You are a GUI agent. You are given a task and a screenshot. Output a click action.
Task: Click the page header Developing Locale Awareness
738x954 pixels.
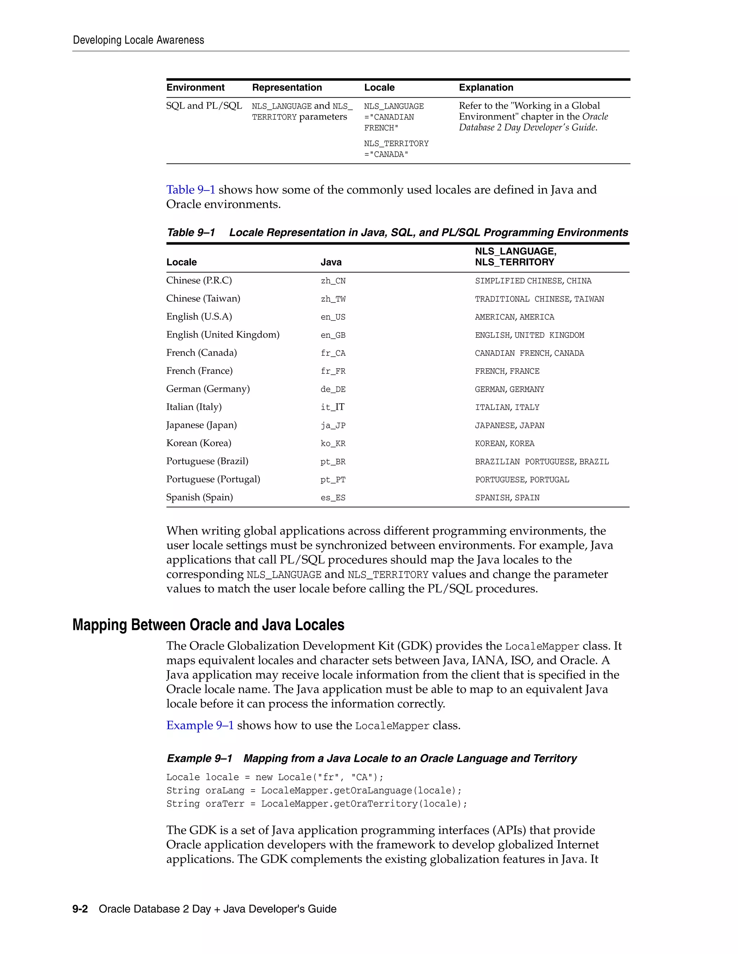[138, 40]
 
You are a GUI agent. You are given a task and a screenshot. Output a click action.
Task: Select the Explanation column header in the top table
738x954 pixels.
[486, 87]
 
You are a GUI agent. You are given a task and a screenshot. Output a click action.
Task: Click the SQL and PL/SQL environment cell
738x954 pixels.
[204, 106]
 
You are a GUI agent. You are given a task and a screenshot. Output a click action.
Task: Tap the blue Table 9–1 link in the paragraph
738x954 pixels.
[191, 190]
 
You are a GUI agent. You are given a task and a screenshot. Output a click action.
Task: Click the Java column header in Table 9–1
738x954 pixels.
[331, 262]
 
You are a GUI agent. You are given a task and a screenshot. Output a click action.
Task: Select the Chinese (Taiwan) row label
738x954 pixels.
[203, 298]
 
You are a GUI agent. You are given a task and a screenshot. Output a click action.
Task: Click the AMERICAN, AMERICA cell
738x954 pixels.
[514, 317]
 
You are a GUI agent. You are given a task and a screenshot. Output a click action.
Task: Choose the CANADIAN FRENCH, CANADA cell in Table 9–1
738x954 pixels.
[529, 353]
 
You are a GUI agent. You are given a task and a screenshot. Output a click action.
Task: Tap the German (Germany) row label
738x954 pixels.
[208, 389]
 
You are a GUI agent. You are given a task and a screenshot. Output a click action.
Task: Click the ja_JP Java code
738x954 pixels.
[333, 426]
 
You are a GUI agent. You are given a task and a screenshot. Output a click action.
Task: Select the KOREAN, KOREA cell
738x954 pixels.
[504, 444]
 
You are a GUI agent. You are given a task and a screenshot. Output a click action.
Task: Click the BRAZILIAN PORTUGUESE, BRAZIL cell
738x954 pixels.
[542, 462]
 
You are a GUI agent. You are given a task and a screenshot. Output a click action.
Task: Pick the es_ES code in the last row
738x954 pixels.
[333, 498]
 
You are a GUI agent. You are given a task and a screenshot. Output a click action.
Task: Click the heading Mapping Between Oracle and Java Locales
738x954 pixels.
[208, 625]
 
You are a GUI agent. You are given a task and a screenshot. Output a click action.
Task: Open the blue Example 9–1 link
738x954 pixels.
[200, 725]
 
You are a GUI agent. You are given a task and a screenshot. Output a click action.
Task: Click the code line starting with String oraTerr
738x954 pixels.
[316, 804]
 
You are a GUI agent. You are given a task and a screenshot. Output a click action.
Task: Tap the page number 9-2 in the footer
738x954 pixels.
[80, 909]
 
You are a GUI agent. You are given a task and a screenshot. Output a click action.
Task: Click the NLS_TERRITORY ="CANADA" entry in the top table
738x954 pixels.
[396, 149]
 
